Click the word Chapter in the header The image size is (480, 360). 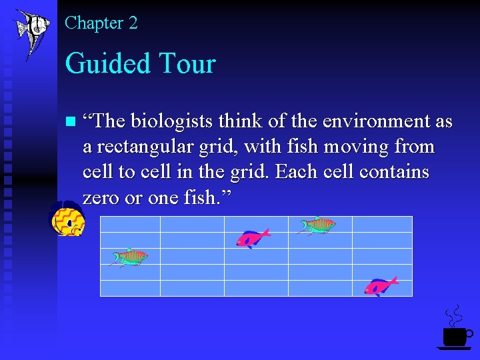[x=93, y=23]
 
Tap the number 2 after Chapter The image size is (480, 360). [x=133, y=23]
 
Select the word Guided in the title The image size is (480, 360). [x=107, y=64]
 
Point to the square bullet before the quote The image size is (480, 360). [x=71, y=122]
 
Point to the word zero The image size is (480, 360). [x=101, y=197]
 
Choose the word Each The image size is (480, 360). [x=293, y=172]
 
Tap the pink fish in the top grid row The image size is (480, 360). [x=253, y=237]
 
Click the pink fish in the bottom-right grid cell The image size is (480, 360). [x=381, y=285]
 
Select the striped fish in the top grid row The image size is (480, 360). [x=317, y=225]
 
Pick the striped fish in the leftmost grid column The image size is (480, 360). [x=129, y=257]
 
